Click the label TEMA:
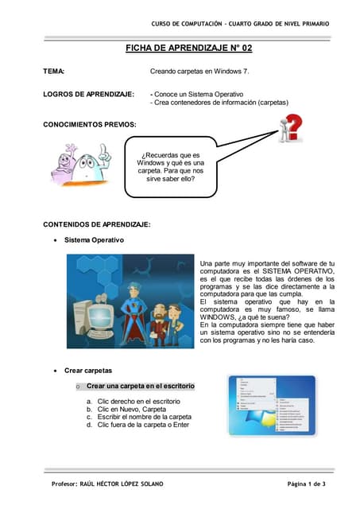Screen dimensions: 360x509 point(54,72)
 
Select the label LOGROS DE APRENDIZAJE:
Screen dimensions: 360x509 point(87,94)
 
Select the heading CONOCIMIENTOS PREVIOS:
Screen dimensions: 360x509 point(89,125)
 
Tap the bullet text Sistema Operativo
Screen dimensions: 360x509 point(95,239)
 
